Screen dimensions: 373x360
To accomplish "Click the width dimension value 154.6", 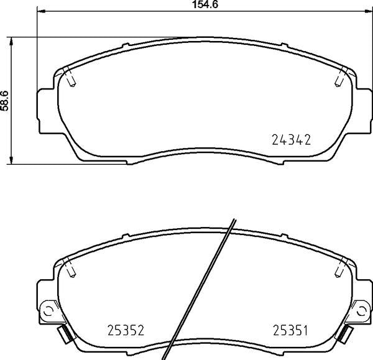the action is [x=205, y=4].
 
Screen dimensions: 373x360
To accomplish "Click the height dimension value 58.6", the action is [x=5, y=101].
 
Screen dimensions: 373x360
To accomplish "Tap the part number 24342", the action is [x=291, y=140].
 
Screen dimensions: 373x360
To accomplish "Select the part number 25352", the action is [x=126, y=330].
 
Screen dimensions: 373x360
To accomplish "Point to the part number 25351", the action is [x=290, y=330].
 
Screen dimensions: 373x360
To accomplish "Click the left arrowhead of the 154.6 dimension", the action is [x=41, y=11].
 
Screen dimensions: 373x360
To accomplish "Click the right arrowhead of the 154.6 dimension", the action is [x=369, y=11].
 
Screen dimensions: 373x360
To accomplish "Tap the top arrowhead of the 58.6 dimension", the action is [x=11, y=41].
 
